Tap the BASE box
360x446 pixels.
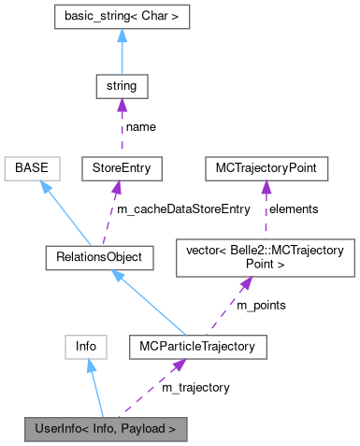pyautogui.click(x=32, y=169)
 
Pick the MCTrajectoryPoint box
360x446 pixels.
pyautogui.click(x=266, y=169)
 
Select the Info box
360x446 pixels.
pyautogui.click(x=87, y=347)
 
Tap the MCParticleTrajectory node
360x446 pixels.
pyautogui.click(x=201, y=347)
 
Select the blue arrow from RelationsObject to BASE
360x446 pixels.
pyautogui.click(x=61, y=210)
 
